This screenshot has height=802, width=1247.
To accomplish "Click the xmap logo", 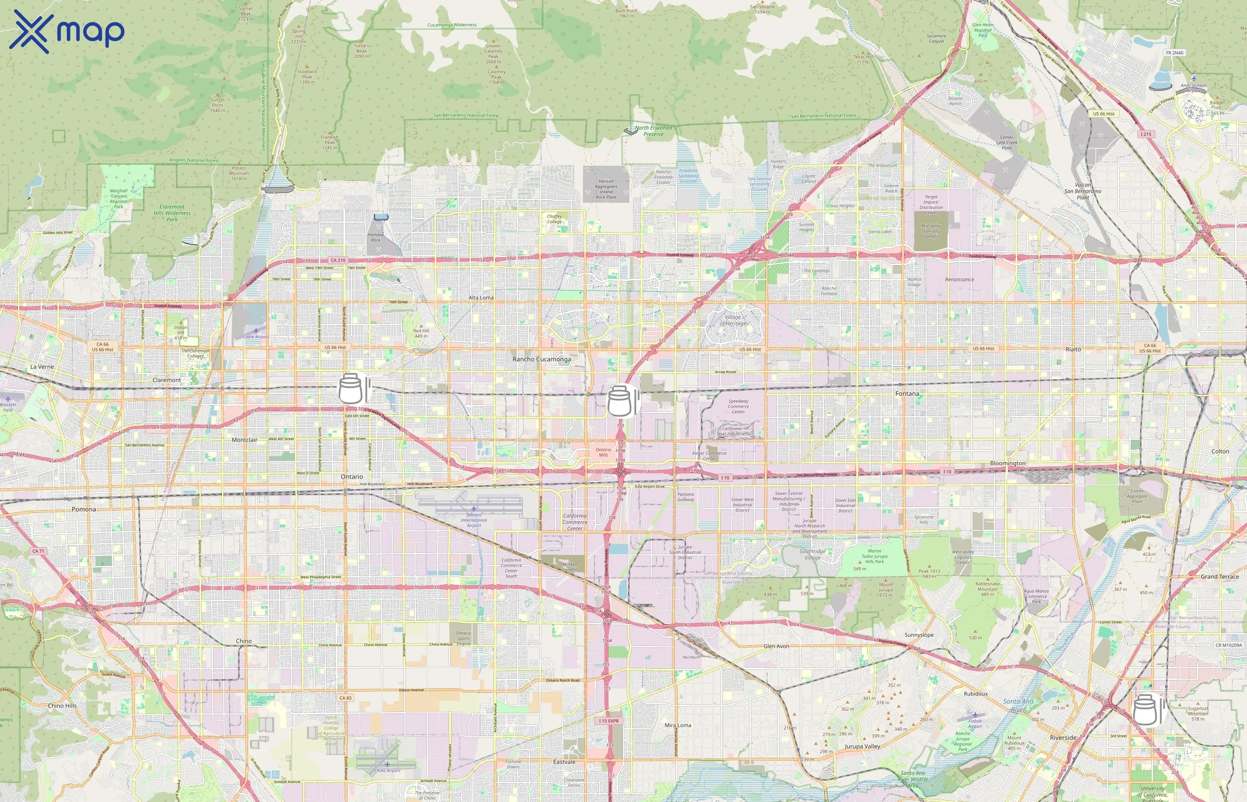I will (67, 31).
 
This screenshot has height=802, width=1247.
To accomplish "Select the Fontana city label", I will (907, 394).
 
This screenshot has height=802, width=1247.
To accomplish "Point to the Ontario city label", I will (352, 476).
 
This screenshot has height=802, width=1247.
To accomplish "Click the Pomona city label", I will (84, 509).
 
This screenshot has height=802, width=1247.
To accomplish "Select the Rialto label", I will (1073, 349).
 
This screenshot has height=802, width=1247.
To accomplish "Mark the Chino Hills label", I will (62, 706).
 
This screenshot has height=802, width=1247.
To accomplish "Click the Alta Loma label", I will (481, 298).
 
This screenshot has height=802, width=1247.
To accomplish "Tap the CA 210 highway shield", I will (338, 260).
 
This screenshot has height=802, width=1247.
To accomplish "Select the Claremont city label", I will (167, 380).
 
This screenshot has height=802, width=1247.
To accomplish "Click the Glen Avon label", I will (776, 647).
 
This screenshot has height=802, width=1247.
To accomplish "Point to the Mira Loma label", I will (678, 725).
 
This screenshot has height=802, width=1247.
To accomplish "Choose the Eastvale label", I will (564, 762).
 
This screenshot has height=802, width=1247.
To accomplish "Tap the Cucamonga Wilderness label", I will (452, 25).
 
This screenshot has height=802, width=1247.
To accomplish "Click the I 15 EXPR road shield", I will (608, 721).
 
